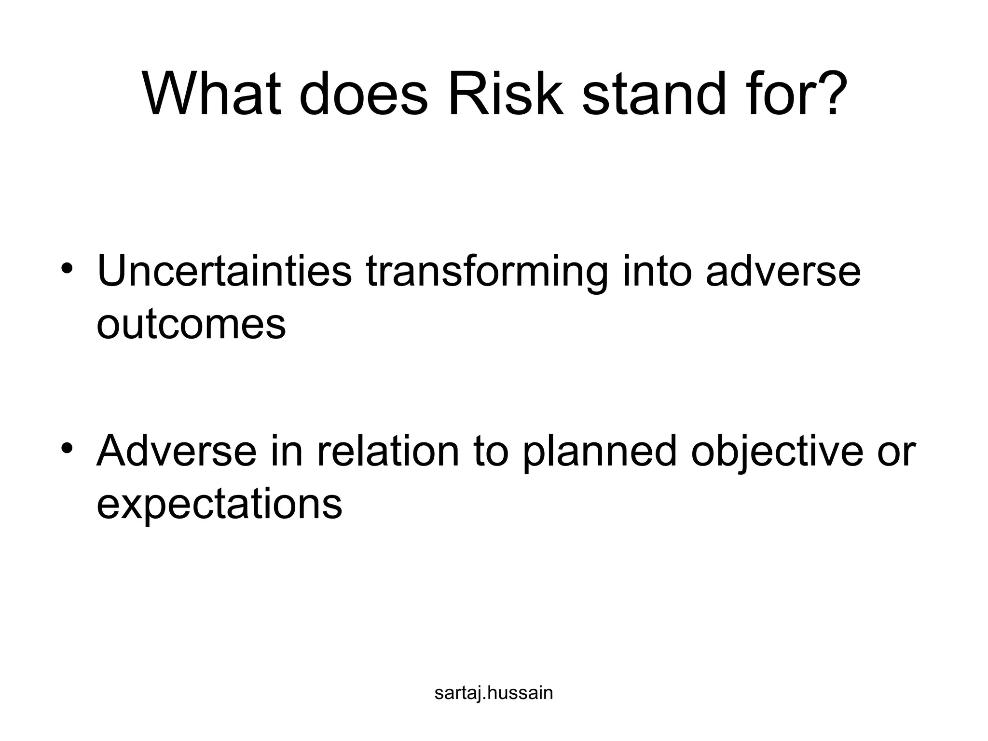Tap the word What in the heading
[x=212, y=94]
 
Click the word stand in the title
[x=654, y=94]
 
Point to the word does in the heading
[x=363, y=94]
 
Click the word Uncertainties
[x=224, y=271]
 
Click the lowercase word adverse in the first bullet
[x=783, y=271]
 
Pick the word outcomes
[x=191, y=324]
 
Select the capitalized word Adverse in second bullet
[x=177, y=451]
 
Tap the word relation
[x=388, y=451]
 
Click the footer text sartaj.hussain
[x=494, y=693]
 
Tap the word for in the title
[x=777, y=94]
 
